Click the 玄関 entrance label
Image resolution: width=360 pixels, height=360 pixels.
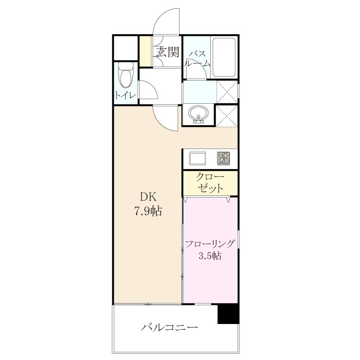point(168,52)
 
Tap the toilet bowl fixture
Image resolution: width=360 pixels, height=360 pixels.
point(125,75)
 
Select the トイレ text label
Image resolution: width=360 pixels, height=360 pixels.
point(126,95)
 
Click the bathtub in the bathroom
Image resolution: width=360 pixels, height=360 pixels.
point(224,57)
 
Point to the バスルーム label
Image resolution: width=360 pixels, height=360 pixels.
point(197,59)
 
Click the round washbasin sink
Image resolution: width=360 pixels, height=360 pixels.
point(199,114)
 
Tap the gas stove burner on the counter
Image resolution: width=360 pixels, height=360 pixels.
point(223,158)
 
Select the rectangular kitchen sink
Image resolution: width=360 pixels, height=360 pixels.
point(197,158)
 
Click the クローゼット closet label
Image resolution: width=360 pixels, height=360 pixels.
point(210,183)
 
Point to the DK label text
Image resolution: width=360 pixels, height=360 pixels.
point(148,197)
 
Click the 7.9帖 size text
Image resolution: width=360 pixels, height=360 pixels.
point(148,211)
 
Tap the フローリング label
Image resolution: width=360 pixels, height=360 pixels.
point(210,244)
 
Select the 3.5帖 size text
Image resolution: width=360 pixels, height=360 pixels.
point(210,255)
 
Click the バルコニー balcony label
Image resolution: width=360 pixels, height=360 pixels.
point(169,327)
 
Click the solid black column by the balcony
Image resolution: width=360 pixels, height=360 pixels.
point(228,314)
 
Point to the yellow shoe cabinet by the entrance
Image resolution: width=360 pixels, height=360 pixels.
point(145,51)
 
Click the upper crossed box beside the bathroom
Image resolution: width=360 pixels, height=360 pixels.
point(227,92)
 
